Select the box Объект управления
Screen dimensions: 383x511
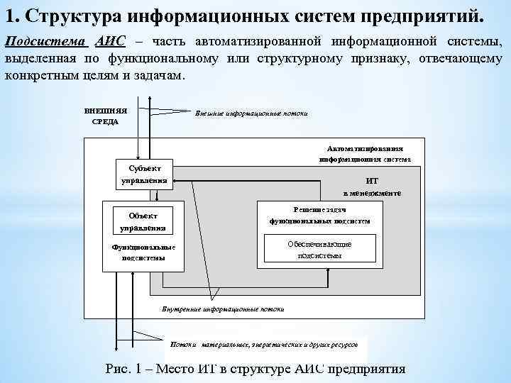click(143, 221)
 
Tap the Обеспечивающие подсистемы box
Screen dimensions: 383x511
click(319, 249)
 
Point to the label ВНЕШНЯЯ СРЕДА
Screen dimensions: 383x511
click(106, 116)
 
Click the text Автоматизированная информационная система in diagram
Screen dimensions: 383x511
click(365, 154)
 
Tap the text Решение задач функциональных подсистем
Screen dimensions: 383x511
click(319, 215)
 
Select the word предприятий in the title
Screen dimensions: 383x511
click(423, 15)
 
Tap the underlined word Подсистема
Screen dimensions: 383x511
click(45, 42)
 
